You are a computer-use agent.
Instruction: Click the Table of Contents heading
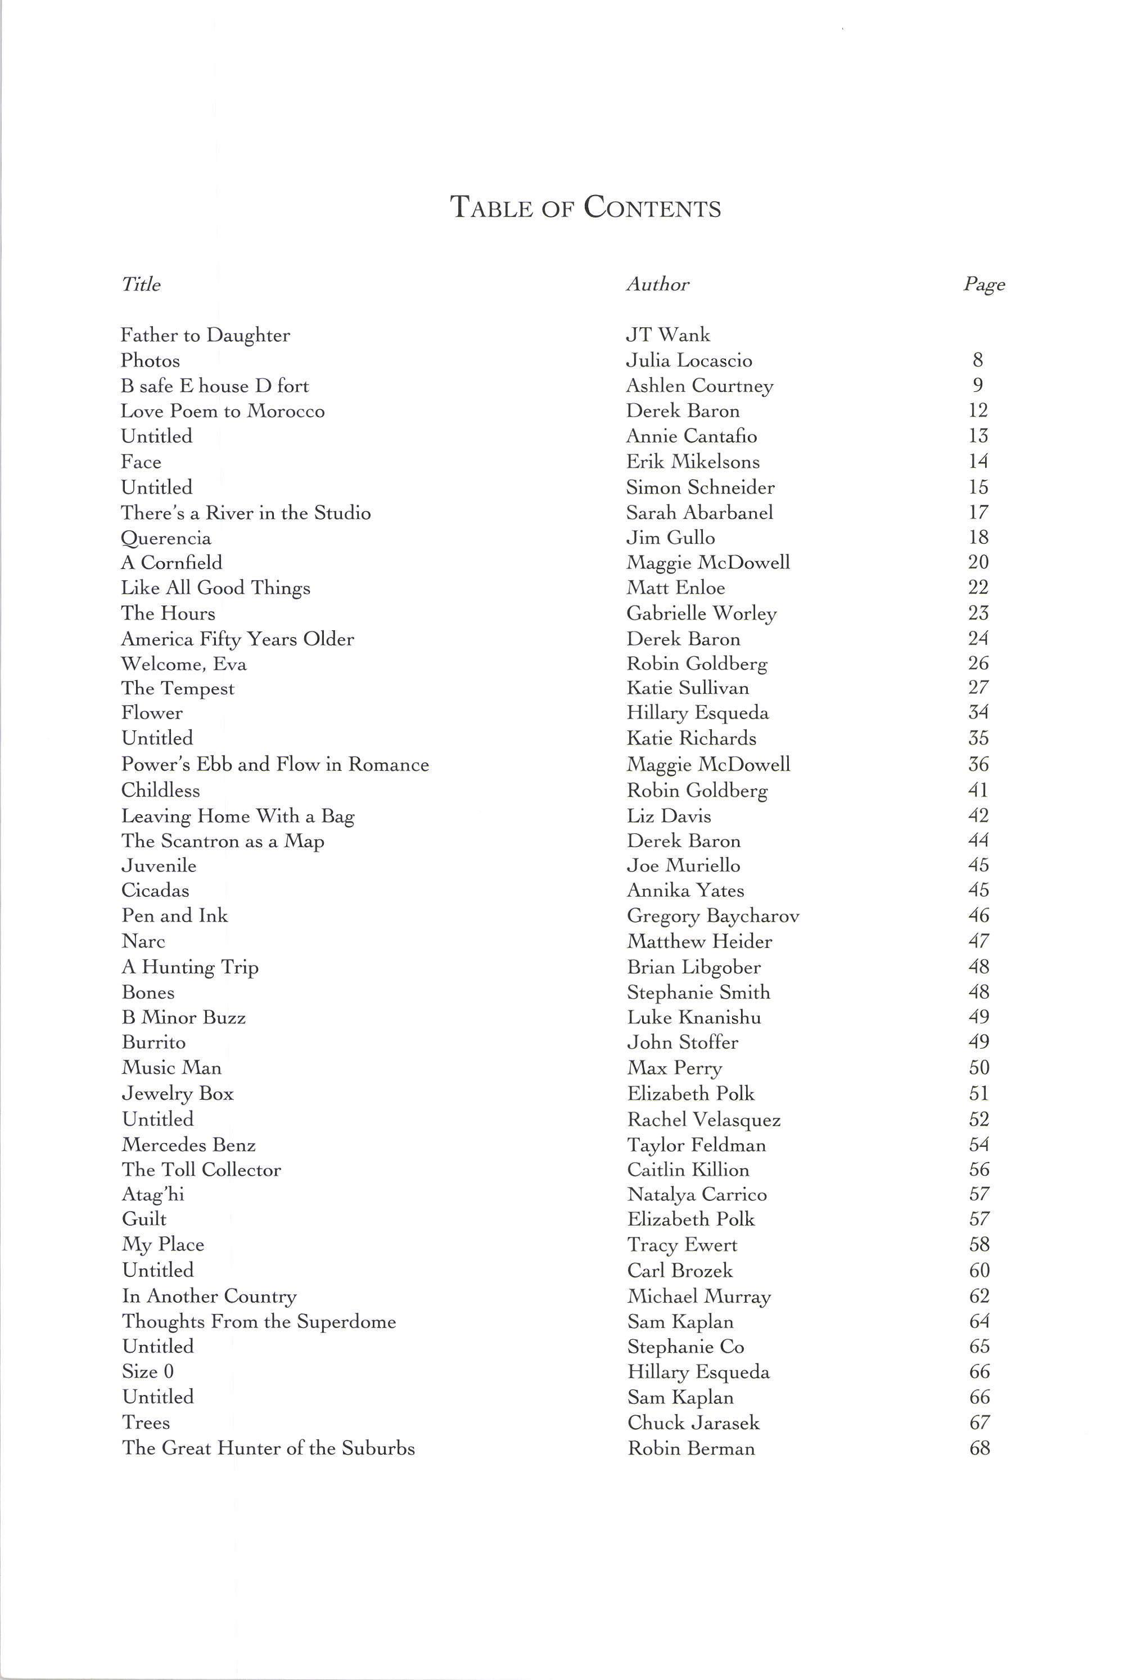pos(585,207)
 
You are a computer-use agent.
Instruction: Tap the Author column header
pos(657,284)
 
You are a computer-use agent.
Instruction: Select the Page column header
pos(983,284)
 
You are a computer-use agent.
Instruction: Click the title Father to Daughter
pos(205,335)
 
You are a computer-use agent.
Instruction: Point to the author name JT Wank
pos(667,335)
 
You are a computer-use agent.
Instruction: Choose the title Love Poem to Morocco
pos(223,411)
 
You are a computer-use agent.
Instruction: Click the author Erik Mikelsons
pos(692,462)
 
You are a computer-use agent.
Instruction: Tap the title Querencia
pos(166,538)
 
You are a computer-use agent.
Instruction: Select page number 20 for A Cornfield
pos(978,562)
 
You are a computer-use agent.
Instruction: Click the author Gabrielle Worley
pos(701,613)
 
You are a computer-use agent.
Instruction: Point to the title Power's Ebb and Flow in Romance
pos(274,765)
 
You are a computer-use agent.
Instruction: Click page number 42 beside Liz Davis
pos(978,816)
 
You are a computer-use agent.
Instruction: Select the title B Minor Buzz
pos(183,1018)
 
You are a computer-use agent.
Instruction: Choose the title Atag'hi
pos(152,1194)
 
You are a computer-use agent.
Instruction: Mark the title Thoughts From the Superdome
pos(259,1322)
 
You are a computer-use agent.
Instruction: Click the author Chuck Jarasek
pos(693,1422)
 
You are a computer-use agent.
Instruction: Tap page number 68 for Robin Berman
pos(979,1448)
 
